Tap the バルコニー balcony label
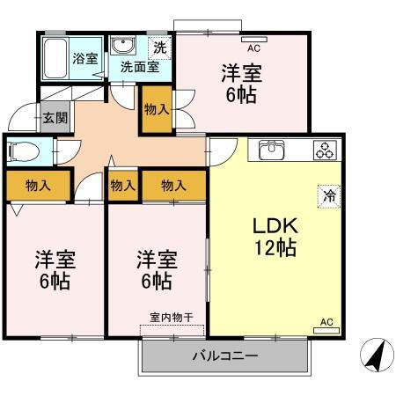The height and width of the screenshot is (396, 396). pyautogui.click(x=224, y=357)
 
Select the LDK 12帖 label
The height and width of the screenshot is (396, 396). pyautogui.click(x=274, y=237)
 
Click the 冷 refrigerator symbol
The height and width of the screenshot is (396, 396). pyautogui.click(x=327, y=198)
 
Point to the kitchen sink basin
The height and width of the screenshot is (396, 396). pyautogui.click(x=273, y=149)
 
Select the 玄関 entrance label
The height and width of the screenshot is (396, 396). pyautogui.click(x=52, y=114)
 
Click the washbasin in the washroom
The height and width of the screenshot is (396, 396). pyautogui.click(x=121, y=46)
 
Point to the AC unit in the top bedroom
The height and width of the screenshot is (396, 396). pyautogui.click(x=253, y=40)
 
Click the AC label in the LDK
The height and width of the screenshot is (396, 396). pyautogui.click(x=326, y=326)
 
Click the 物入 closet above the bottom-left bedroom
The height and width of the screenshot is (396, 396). pyautogui.click(x=38, y=186)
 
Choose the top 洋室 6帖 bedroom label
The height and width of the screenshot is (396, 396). pyautogui.click(x=240, y=84)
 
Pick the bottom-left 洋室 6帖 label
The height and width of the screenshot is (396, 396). pyautogui.click(x=55, y=271)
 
